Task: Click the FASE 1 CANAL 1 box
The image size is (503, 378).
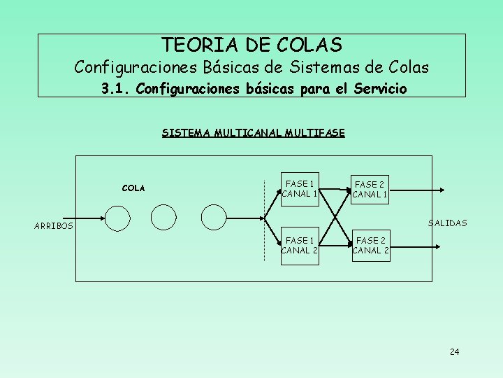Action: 300,189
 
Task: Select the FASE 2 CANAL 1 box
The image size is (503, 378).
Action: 370,189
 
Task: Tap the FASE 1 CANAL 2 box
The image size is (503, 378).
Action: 300,245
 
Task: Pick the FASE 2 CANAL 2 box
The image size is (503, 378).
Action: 370,245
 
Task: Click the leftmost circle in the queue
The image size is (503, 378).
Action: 118,218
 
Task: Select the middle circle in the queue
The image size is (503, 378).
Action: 164,218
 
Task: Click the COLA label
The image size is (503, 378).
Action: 133,188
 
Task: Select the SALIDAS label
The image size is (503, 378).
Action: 447,223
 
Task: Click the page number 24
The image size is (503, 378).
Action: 454,351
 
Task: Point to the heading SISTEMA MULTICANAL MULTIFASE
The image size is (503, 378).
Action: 253,132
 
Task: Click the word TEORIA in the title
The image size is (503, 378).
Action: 191,45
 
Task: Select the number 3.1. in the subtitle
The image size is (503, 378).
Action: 115,90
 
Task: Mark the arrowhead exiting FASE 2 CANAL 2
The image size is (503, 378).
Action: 437,246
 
